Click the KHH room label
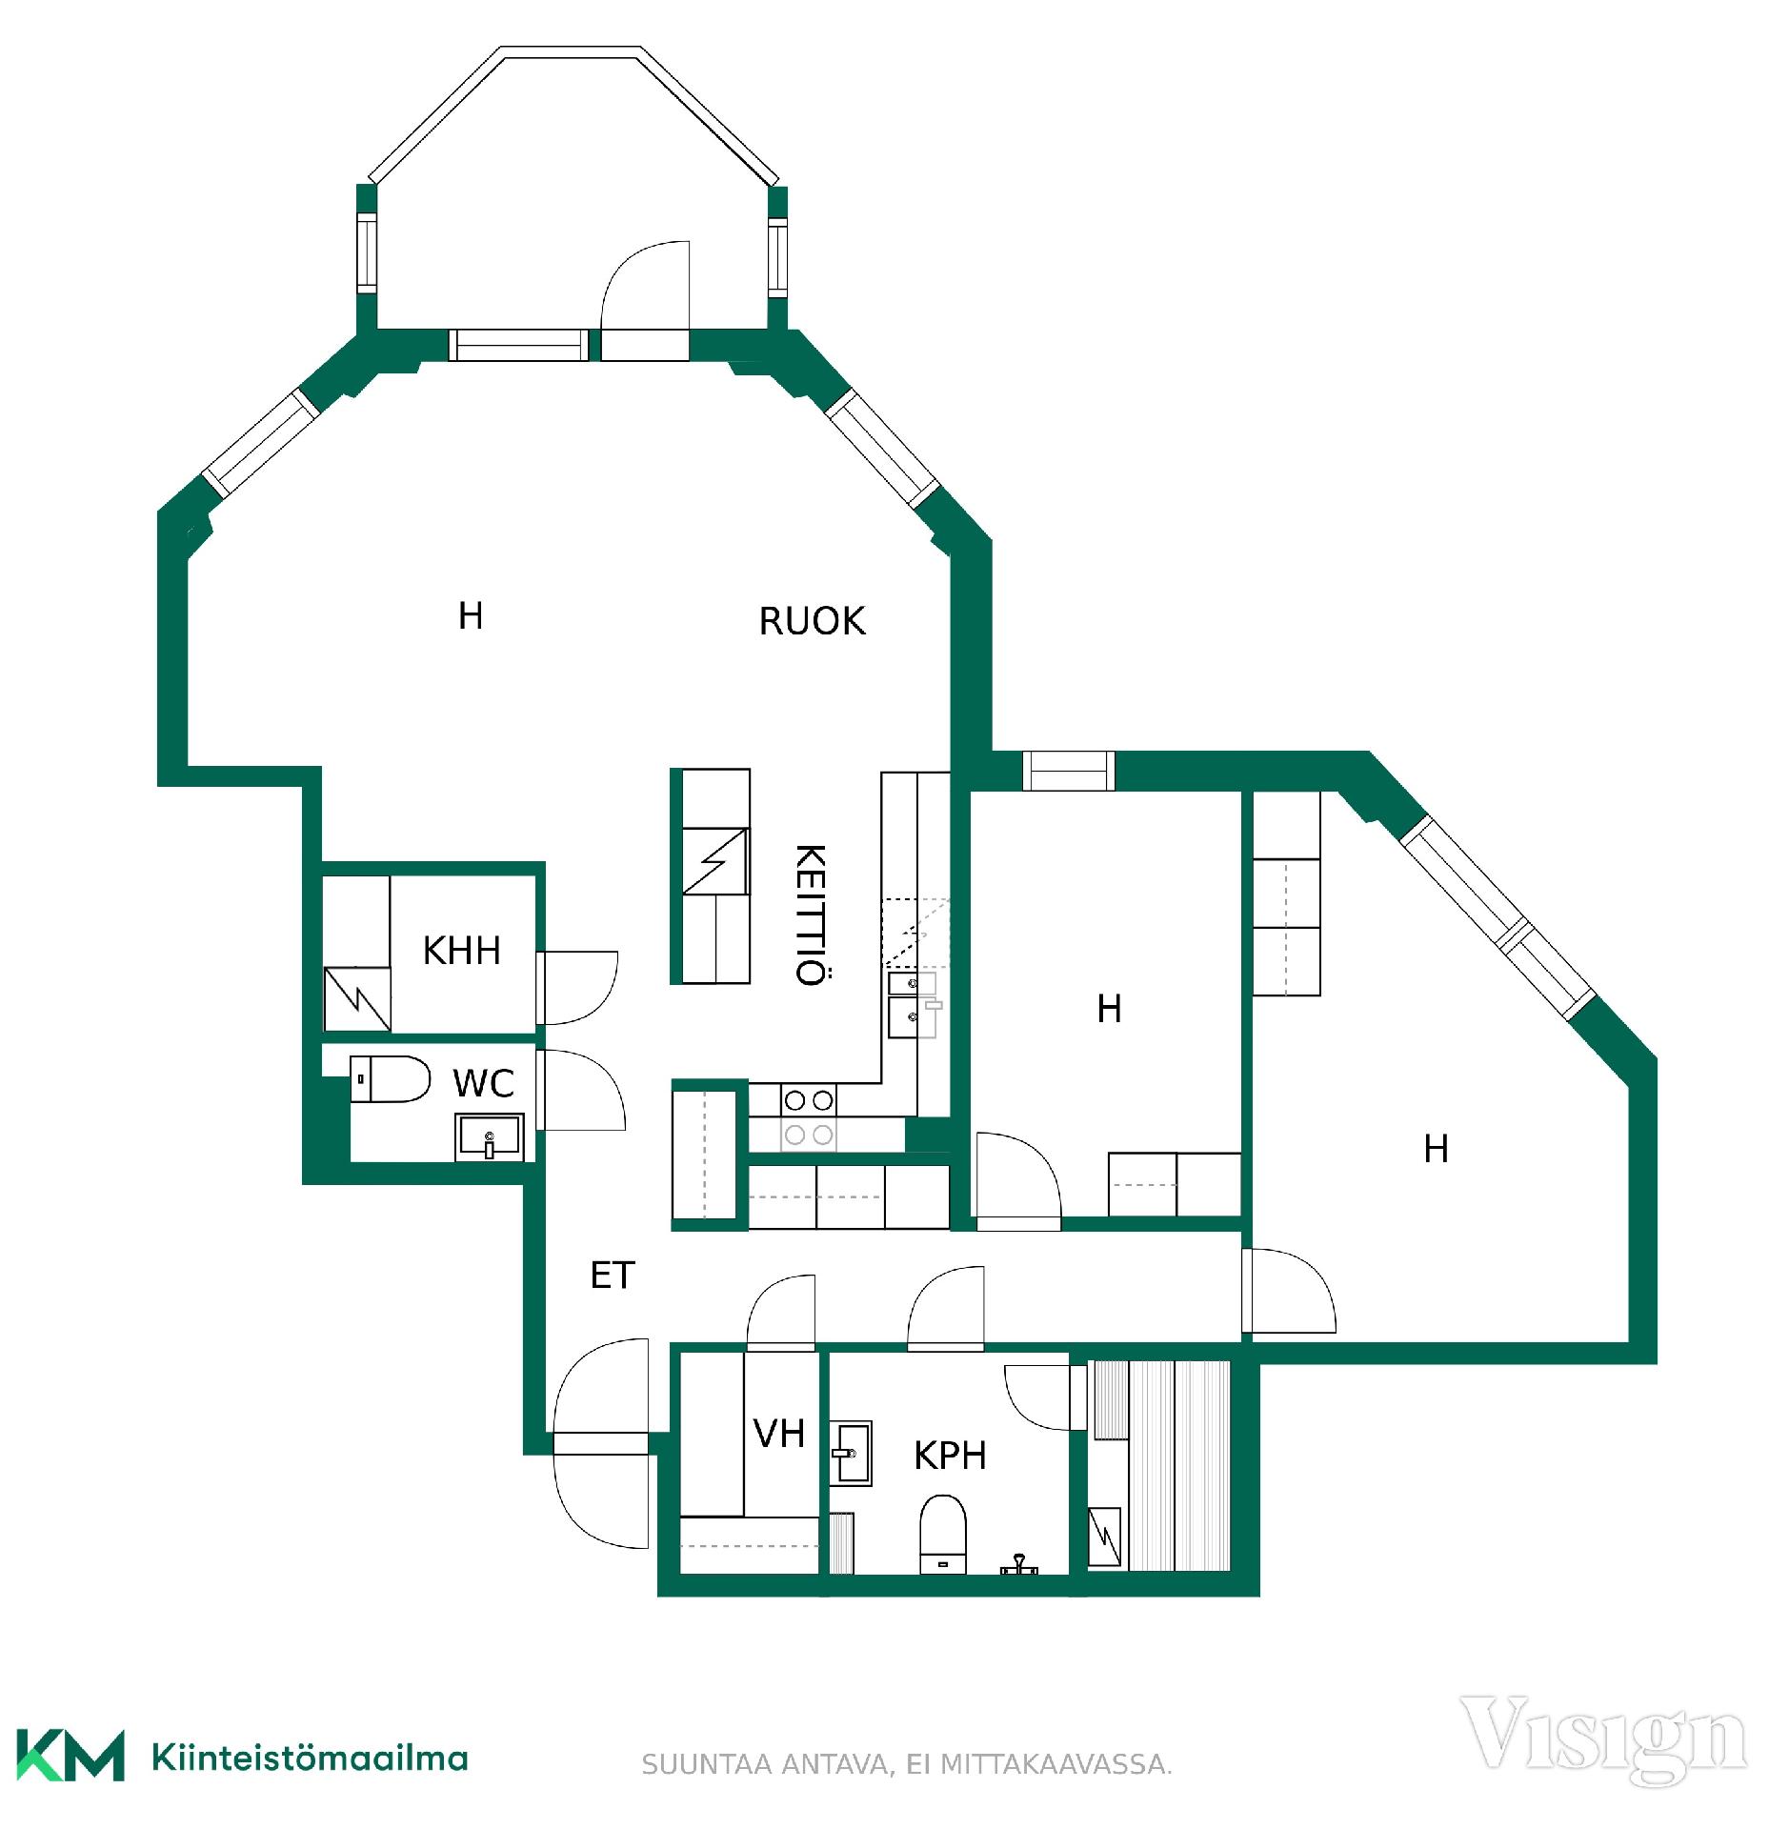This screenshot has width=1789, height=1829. (x=461, y=950)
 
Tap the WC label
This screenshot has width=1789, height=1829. (x=483, y=1083)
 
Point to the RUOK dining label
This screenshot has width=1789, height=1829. (x=812, y=620)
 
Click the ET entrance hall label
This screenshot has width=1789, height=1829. (x=612, y=1275)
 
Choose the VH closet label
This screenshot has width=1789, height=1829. (x=778, y=1433)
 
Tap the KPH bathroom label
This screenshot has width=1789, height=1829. (x=950, y=1455)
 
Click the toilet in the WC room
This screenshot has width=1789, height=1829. (x=390, y=1078)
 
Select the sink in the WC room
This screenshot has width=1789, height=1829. (x=489, y=1136)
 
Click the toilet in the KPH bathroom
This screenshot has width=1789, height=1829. (x=942, y=1535)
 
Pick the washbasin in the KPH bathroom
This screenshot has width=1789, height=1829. (x=850, y=1454)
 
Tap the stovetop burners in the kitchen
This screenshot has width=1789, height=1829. (x=809, y=1117)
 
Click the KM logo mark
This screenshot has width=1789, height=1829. (x=70, y=1755)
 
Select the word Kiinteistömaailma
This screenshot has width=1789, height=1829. (x=310, y=1757)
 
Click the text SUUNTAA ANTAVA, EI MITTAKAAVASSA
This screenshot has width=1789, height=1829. (x=906, y=1764)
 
